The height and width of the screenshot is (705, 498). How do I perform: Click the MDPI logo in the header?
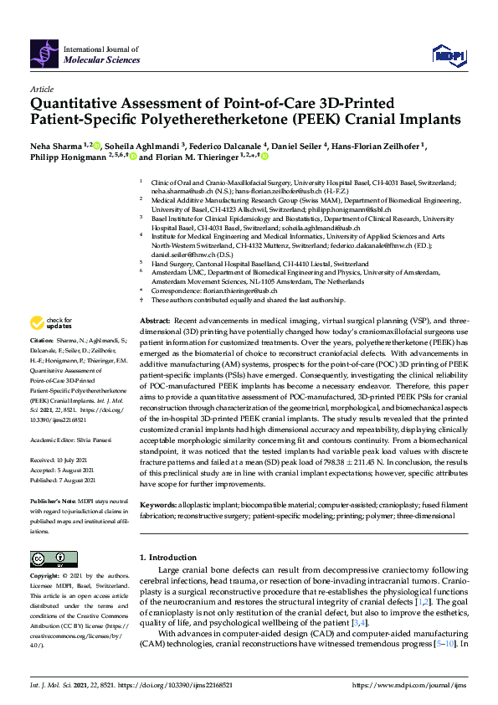click(x=449, y=55)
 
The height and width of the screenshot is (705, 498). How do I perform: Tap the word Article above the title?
click(x=41, y=88)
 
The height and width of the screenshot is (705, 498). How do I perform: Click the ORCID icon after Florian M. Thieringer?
click(x=265, y=157)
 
